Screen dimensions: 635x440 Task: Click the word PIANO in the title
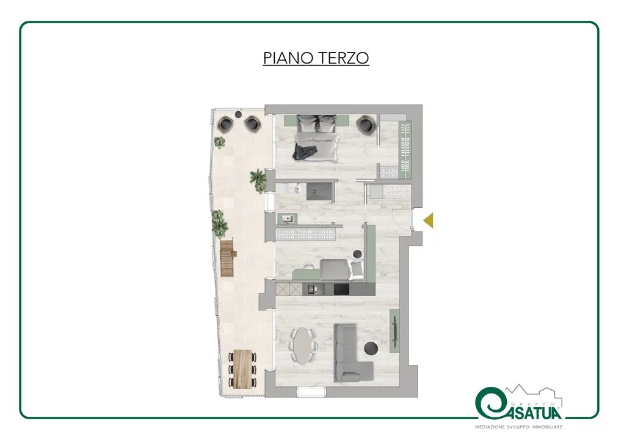(x=288, y=57)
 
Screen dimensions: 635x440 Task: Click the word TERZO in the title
(x=343, y=57)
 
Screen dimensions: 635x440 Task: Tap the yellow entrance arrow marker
(x=429, y=220)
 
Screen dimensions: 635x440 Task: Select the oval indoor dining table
(x=302, y=346)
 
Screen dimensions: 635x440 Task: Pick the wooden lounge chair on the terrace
(x=228, y=258)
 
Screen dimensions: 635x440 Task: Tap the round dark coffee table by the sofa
(x=371, y=348)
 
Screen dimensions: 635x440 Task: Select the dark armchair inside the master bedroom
(x=366, y=125)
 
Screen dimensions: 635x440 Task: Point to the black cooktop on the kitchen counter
(x=341, y=289)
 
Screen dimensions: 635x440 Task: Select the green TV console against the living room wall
(x=394, y=330)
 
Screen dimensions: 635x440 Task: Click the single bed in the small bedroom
(x=341, y=269)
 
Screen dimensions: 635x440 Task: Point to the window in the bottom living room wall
(x=312, y=391)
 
